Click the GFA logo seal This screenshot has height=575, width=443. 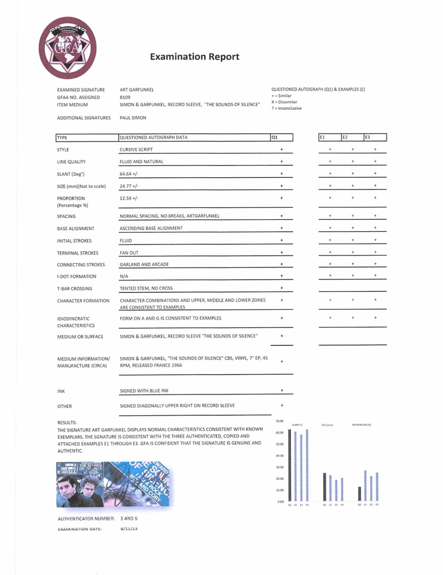click(67, 48)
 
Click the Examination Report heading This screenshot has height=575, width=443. click(194, 57)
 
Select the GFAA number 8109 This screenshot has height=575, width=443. click(125, 97)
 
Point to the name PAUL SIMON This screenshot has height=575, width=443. click(133, 118)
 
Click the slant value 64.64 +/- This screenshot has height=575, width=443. click(129, 174)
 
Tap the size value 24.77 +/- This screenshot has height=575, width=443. click(129, 186)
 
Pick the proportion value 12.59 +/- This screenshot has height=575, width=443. click(129, 198)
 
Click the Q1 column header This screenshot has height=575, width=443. click(281, 137)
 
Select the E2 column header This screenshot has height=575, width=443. click(352, 137)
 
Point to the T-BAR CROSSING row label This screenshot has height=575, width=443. click(74, 289)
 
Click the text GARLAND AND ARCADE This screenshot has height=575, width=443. click(144, 264)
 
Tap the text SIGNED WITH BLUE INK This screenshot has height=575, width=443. click(144, 391)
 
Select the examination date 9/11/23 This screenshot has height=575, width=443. click(129, 529)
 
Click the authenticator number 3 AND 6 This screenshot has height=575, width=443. click(129, 519)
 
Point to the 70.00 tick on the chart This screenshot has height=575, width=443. click(280, 421)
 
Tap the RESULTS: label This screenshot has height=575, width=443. click(67, 423)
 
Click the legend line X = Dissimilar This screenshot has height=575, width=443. click(284, 102)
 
